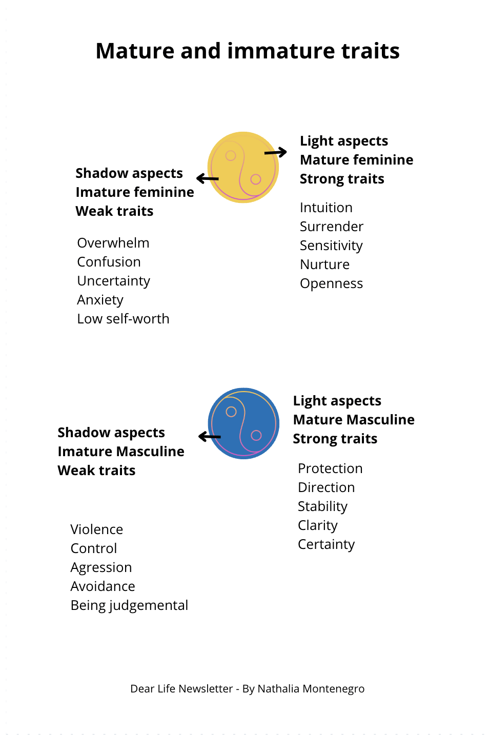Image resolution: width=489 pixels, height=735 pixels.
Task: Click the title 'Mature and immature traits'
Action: point(248,51)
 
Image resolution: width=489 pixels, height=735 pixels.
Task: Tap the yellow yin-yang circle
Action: point(243,167)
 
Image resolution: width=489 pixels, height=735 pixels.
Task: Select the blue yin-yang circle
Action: point(243,423)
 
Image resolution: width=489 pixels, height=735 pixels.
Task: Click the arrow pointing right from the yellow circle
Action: point(276,152)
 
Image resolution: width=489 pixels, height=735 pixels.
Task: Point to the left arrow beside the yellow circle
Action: point(208,178)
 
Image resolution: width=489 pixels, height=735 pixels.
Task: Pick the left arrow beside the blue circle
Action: point(210,437)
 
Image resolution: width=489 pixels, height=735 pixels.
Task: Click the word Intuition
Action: point(326,208)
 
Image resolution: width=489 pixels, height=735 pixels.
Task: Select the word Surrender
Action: point(331,227)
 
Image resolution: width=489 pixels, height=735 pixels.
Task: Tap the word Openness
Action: point(331,283)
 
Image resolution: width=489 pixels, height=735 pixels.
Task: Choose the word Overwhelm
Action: point(113,243)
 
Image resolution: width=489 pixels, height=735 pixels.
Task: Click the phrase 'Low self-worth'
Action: point(123,319)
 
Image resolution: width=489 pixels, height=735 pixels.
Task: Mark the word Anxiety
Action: point(100,300)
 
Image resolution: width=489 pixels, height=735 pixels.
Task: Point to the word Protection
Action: point(330,468)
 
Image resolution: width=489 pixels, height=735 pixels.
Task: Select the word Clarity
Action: point(318,525)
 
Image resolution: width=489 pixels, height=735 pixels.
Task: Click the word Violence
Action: point(97,529)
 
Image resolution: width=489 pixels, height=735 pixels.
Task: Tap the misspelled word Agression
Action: point(101,567)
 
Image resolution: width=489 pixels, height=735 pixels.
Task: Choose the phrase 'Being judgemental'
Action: point(129,605)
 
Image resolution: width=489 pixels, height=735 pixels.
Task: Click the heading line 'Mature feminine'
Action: point(356,160)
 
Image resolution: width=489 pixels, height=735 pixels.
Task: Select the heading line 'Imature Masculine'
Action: point(121,452)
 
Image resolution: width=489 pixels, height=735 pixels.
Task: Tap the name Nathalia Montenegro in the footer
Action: point(311,689)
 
